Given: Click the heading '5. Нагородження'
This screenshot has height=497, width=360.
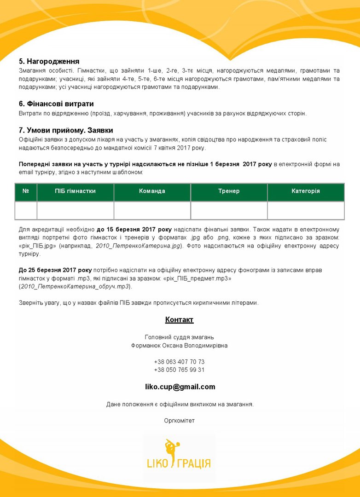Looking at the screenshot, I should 49,61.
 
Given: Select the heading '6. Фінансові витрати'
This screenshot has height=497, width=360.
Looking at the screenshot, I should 56,104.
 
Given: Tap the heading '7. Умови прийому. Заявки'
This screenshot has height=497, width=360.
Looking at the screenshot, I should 66,130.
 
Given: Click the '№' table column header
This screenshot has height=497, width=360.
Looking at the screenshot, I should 26,191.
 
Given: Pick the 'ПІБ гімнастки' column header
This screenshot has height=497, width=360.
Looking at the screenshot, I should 75,191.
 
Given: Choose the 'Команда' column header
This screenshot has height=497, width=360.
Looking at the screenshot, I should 152,191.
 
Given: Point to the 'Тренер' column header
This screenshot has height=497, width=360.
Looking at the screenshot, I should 229,191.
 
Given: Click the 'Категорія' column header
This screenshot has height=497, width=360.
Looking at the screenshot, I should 306,191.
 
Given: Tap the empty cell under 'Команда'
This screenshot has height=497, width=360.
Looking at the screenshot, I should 152,210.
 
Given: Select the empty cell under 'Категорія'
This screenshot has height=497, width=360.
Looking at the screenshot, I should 306,210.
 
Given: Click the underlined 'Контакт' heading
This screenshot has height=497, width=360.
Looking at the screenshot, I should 180,320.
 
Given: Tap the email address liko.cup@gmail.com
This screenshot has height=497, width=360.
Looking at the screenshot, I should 180,387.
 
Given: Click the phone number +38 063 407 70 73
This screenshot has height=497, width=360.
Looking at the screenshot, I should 180,362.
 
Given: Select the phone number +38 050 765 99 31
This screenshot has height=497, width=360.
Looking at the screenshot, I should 180,370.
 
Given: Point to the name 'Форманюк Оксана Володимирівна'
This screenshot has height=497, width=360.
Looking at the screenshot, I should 180,346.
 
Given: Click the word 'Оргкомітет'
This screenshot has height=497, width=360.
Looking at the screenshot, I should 180,421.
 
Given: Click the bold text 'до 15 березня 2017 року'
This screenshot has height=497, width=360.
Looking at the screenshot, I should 134,229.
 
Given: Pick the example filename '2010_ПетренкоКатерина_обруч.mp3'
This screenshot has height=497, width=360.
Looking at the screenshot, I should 75,287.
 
